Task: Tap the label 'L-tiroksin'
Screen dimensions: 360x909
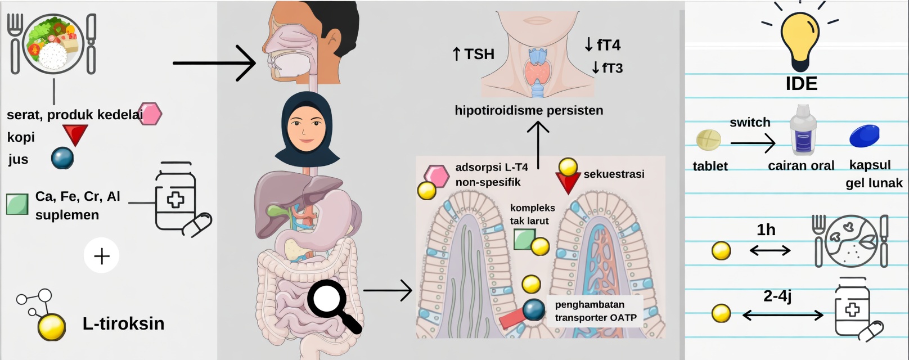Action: tap(123, 323)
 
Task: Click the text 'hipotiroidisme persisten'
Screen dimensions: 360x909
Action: tap(529, 110)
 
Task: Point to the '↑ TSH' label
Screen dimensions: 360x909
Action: tap(474, 54)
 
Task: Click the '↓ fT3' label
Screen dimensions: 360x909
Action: tap(607, 68)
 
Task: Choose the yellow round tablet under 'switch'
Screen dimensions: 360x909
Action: tap(709, 139)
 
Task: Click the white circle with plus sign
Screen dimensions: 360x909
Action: tap(102, 256)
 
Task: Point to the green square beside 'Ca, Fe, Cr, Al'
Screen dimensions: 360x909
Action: tap(17, 204)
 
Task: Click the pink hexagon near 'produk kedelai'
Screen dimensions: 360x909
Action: tap(150, 114)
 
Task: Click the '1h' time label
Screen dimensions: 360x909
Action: tap(766, 230)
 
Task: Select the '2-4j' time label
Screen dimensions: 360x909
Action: tap(777, 296)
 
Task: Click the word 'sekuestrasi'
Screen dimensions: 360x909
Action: tap(614, 174)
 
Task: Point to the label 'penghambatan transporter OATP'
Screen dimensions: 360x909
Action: tap(596, 311)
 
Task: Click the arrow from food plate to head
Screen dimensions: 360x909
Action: tap(214, 63)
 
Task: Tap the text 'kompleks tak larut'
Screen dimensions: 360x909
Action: tap(532, 214)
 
